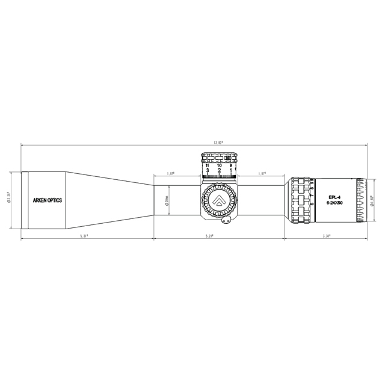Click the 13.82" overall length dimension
pos(218,143)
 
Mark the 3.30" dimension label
pos(327,236)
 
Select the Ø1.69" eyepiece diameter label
pos(373,199)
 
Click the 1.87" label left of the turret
pos(170,174)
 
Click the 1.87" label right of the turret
pos(262,174)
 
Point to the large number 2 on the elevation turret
pos(219,171)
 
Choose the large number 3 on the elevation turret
pos(208,171)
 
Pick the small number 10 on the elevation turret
pos(219,165)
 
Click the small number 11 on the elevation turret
pos(208,165)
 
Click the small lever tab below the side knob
pos(227,223)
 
